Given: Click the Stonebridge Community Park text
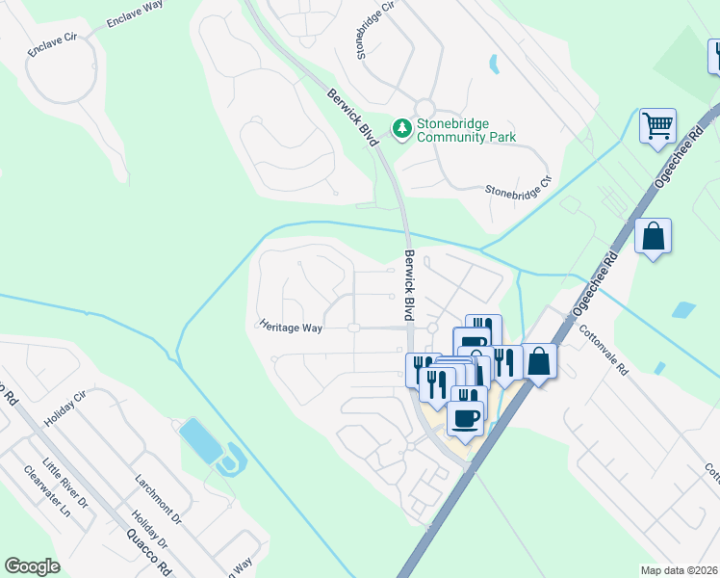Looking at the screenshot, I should pyautogui.click(x=466, y=130).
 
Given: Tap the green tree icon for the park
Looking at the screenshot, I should pyautogui.click(x=401, y=126).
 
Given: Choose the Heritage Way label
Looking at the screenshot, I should pyautogui.click(x=290, y=327).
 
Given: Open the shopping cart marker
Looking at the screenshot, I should pyautogui.click(x=657, y=125).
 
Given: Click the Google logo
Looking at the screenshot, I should pyautogui.click(x=32, y=566).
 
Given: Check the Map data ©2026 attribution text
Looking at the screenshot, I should pyautogui.click(x=680, y=570).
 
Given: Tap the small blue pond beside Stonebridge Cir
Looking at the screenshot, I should pyautogui.click(x=494, y=65).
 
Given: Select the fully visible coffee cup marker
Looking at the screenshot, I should pyautogui.click(x=466, y=419).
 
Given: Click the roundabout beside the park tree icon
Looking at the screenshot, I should pyautogui.click(x=424, y=107).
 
